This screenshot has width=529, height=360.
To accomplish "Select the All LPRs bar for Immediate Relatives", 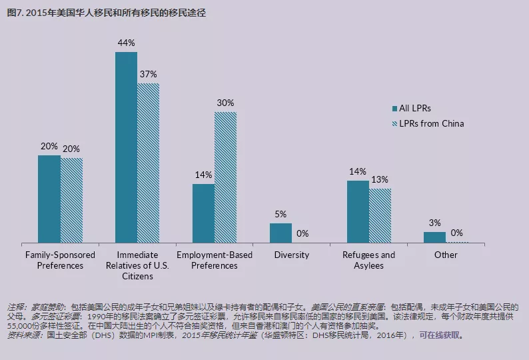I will [x=126, y=147].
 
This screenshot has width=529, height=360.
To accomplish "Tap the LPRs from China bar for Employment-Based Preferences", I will [x=225, y=177].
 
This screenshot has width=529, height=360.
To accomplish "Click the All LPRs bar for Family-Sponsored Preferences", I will [x=49, y=199].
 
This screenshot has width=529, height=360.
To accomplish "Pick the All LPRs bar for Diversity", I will [x=280, y=233].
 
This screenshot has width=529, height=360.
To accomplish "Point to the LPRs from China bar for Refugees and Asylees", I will [x=380, y=215].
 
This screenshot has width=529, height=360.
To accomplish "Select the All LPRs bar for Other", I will [x=434, y=237].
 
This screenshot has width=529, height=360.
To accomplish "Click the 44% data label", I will [x=127, y=43].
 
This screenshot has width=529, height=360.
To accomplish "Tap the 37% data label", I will [x=149, y=74].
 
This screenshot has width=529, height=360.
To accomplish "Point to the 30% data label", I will [x=225, y=103].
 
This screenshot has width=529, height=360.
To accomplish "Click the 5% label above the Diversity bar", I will [x=280, y=214].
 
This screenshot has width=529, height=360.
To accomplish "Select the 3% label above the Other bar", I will [x=434, y=223].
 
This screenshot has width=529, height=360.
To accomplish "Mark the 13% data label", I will [x=380, y=179].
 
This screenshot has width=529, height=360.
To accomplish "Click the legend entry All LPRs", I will [x=414, y=108].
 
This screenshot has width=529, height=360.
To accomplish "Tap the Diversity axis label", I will [x=292, y=255].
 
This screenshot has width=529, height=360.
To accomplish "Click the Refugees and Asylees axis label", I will [x=368, y=260].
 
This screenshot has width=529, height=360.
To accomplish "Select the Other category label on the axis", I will [x=446, y=255].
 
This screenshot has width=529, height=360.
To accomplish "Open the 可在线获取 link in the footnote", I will [x=438, y=335].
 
